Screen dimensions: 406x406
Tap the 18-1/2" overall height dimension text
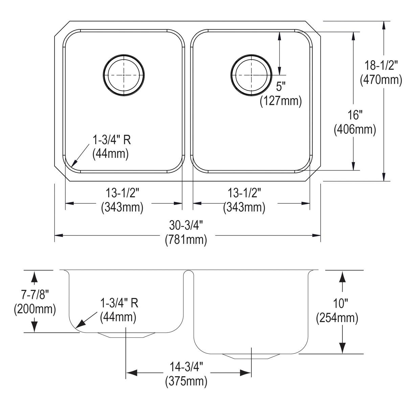pyautogui.click(x=381, y=65)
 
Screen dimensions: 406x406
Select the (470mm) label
pyautogui.click(x=381, y=80)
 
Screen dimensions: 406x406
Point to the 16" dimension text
pyautogui.click(x=354, y=115)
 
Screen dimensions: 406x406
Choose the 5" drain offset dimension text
pyautogui.click(x=281, y=87)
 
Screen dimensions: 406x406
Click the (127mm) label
pyautogui.click(x=280, y=101)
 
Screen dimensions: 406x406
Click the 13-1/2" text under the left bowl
pyautogui.click(x=122, y=193)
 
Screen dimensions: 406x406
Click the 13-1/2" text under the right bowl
pyautogui.click(x=244, y=193)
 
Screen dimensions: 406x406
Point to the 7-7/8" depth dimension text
pyautogui.click(x=35, y=295)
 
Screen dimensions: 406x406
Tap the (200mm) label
pyautogui.click(x=35, y=309)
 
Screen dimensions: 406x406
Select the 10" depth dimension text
pyautogui.click(x=337, y=303)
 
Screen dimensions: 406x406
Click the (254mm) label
pyautogui.click(x=337, y=318)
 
